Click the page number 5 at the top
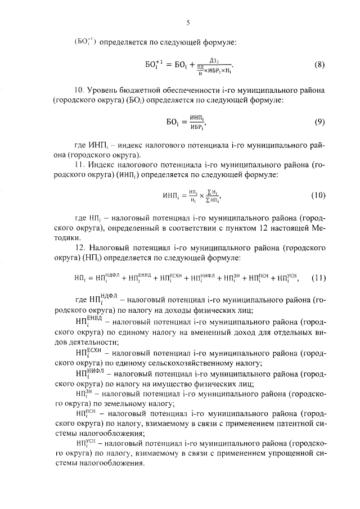coord(188,23)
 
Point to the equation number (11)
coord(318,277)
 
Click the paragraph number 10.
coord(81,90)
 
